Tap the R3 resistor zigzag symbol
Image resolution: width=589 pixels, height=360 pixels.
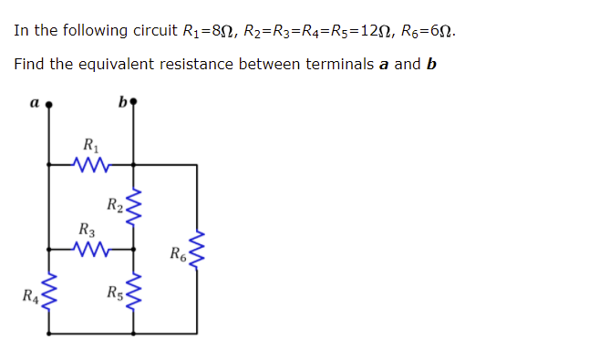point(92,247)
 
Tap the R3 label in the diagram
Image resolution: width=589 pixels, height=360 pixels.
point(87,229)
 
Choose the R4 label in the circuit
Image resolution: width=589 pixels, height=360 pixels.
point(31,294)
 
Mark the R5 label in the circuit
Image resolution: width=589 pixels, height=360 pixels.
point(115,294)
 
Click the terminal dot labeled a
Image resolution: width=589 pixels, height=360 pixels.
point(49,104)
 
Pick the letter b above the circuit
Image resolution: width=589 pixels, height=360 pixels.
point(123,101)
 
